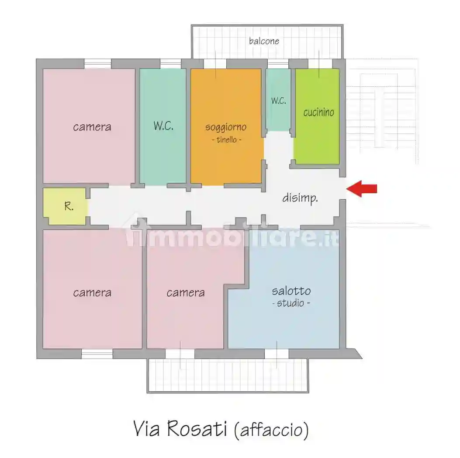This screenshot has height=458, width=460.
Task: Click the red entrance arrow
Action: click(x=361, y=189)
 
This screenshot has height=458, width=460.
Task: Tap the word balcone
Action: click(x=264, y=41)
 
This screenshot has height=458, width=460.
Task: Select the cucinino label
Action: click(x=318, y=112)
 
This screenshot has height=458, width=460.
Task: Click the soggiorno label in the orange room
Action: click(x=226, y=127)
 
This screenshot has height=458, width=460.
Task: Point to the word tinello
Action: click(x=227, y=140)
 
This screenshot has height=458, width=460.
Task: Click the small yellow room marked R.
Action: click(x=65, y=206)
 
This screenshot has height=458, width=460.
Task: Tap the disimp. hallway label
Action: click(x=300, y=198)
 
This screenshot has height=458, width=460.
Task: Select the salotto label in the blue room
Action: click(x=291, y=291)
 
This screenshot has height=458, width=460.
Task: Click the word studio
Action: click(x=291, y=303)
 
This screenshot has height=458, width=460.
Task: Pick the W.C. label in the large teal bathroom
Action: click(x=163, y=126)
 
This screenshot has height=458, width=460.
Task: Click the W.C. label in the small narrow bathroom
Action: click(x=278, y=101)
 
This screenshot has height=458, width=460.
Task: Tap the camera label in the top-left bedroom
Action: click(x=92, y=127)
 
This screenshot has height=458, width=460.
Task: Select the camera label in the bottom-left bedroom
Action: click(x=92, y=293)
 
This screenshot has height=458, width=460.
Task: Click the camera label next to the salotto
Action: click(x=185, y=293)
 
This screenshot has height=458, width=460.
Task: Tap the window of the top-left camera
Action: click(x=98, y=64)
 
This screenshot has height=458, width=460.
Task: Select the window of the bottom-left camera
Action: click(x=97, y=354)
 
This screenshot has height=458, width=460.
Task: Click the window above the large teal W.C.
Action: click(x=170, y=64)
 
